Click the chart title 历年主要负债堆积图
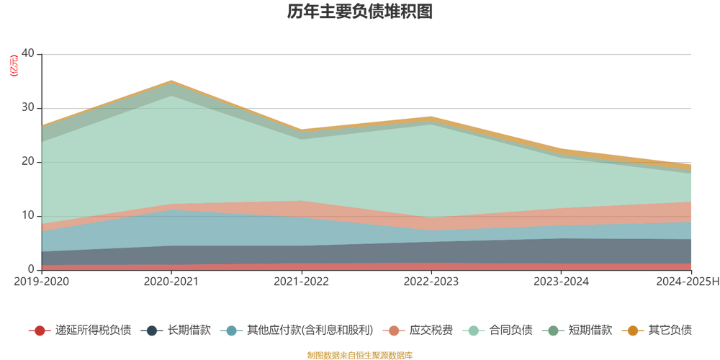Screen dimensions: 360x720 click(359, 12)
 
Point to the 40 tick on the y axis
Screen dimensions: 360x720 click(28, 54)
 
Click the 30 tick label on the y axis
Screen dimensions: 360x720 click(28, 108)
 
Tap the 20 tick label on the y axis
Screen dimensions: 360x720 click(28, 162)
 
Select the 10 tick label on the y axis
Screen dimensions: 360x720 click(28, 216)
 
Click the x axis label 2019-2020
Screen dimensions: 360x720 click(41, 282)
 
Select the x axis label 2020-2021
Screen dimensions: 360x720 click(171, 282)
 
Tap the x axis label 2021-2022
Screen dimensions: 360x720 click(301, 282)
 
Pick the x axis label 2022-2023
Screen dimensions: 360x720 click(431, 282)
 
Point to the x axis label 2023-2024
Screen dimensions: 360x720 click(561, 282)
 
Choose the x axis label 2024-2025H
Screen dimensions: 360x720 click(687, 282)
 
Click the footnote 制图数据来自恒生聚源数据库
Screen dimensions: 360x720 click(359, 355)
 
